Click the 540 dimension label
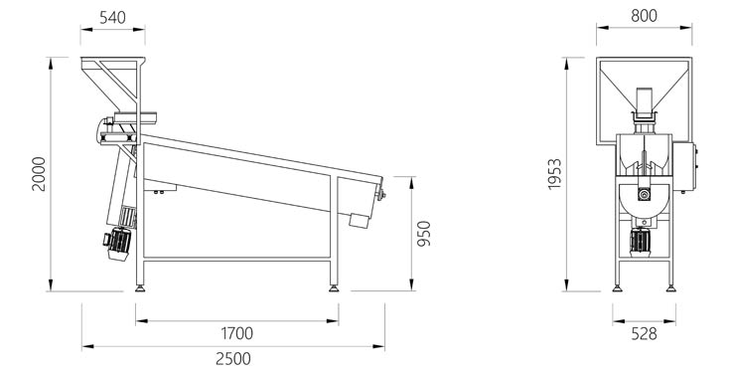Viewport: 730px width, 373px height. tap(112, 17)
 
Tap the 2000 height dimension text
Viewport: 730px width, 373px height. tap(39, 174)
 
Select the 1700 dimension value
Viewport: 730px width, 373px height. tap(237, 333)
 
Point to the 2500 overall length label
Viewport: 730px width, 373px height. tap(233, 358)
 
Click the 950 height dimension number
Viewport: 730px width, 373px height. tap(424, 234)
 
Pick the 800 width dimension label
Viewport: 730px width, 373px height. tap(645, 16)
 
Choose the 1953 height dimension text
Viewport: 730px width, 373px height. tap(554, 174)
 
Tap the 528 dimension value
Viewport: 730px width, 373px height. tap(644, 334)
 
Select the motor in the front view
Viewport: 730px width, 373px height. tap(641, 242)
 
